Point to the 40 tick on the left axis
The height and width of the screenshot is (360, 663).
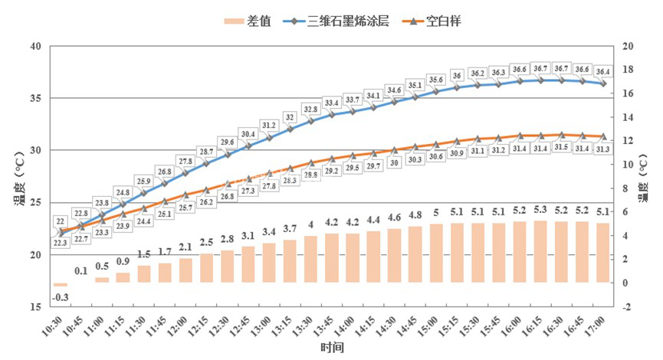click(x=35, y=47)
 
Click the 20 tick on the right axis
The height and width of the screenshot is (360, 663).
click(x=628, y=47)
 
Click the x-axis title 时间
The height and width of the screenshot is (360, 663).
click(x=332, y=349)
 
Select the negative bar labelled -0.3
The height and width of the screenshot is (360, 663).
click(x=61, y=285)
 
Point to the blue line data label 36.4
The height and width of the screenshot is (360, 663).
click(x=602, y=71)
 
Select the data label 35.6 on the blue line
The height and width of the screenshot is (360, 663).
click(x=435, y=80)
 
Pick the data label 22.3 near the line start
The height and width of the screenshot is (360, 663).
click(x=59, y=243)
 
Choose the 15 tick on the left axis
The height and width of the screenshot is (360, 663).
click(x=35, y=307)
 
